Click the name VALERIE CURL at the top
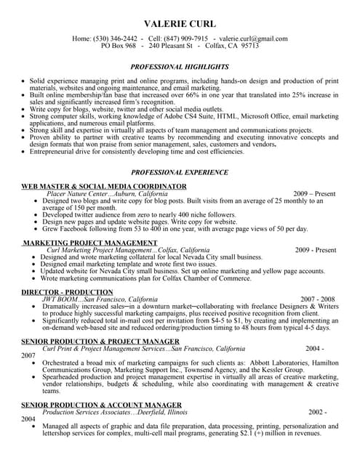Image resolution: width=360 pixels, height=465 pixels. click(180, 23)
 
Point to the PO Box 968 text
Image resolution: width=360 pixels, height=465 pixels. click(119, 45)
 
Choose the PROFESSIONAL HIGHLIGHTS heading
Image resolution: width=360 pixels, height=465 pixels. click(180, 66)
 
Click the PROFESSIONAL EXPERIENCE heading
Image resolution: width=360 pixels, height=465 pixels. click(180, 173)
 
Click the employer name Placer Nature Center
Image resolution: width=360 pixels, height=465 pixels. click(77, 195)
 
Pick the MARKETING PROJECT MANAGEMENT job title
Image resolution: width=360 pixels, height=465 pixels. click(90, 242)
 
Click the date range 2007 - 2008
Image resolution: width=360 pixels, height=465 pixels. click(318, 299)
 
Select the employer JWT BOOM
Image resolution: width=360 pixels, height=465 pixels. click(62, 299)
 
